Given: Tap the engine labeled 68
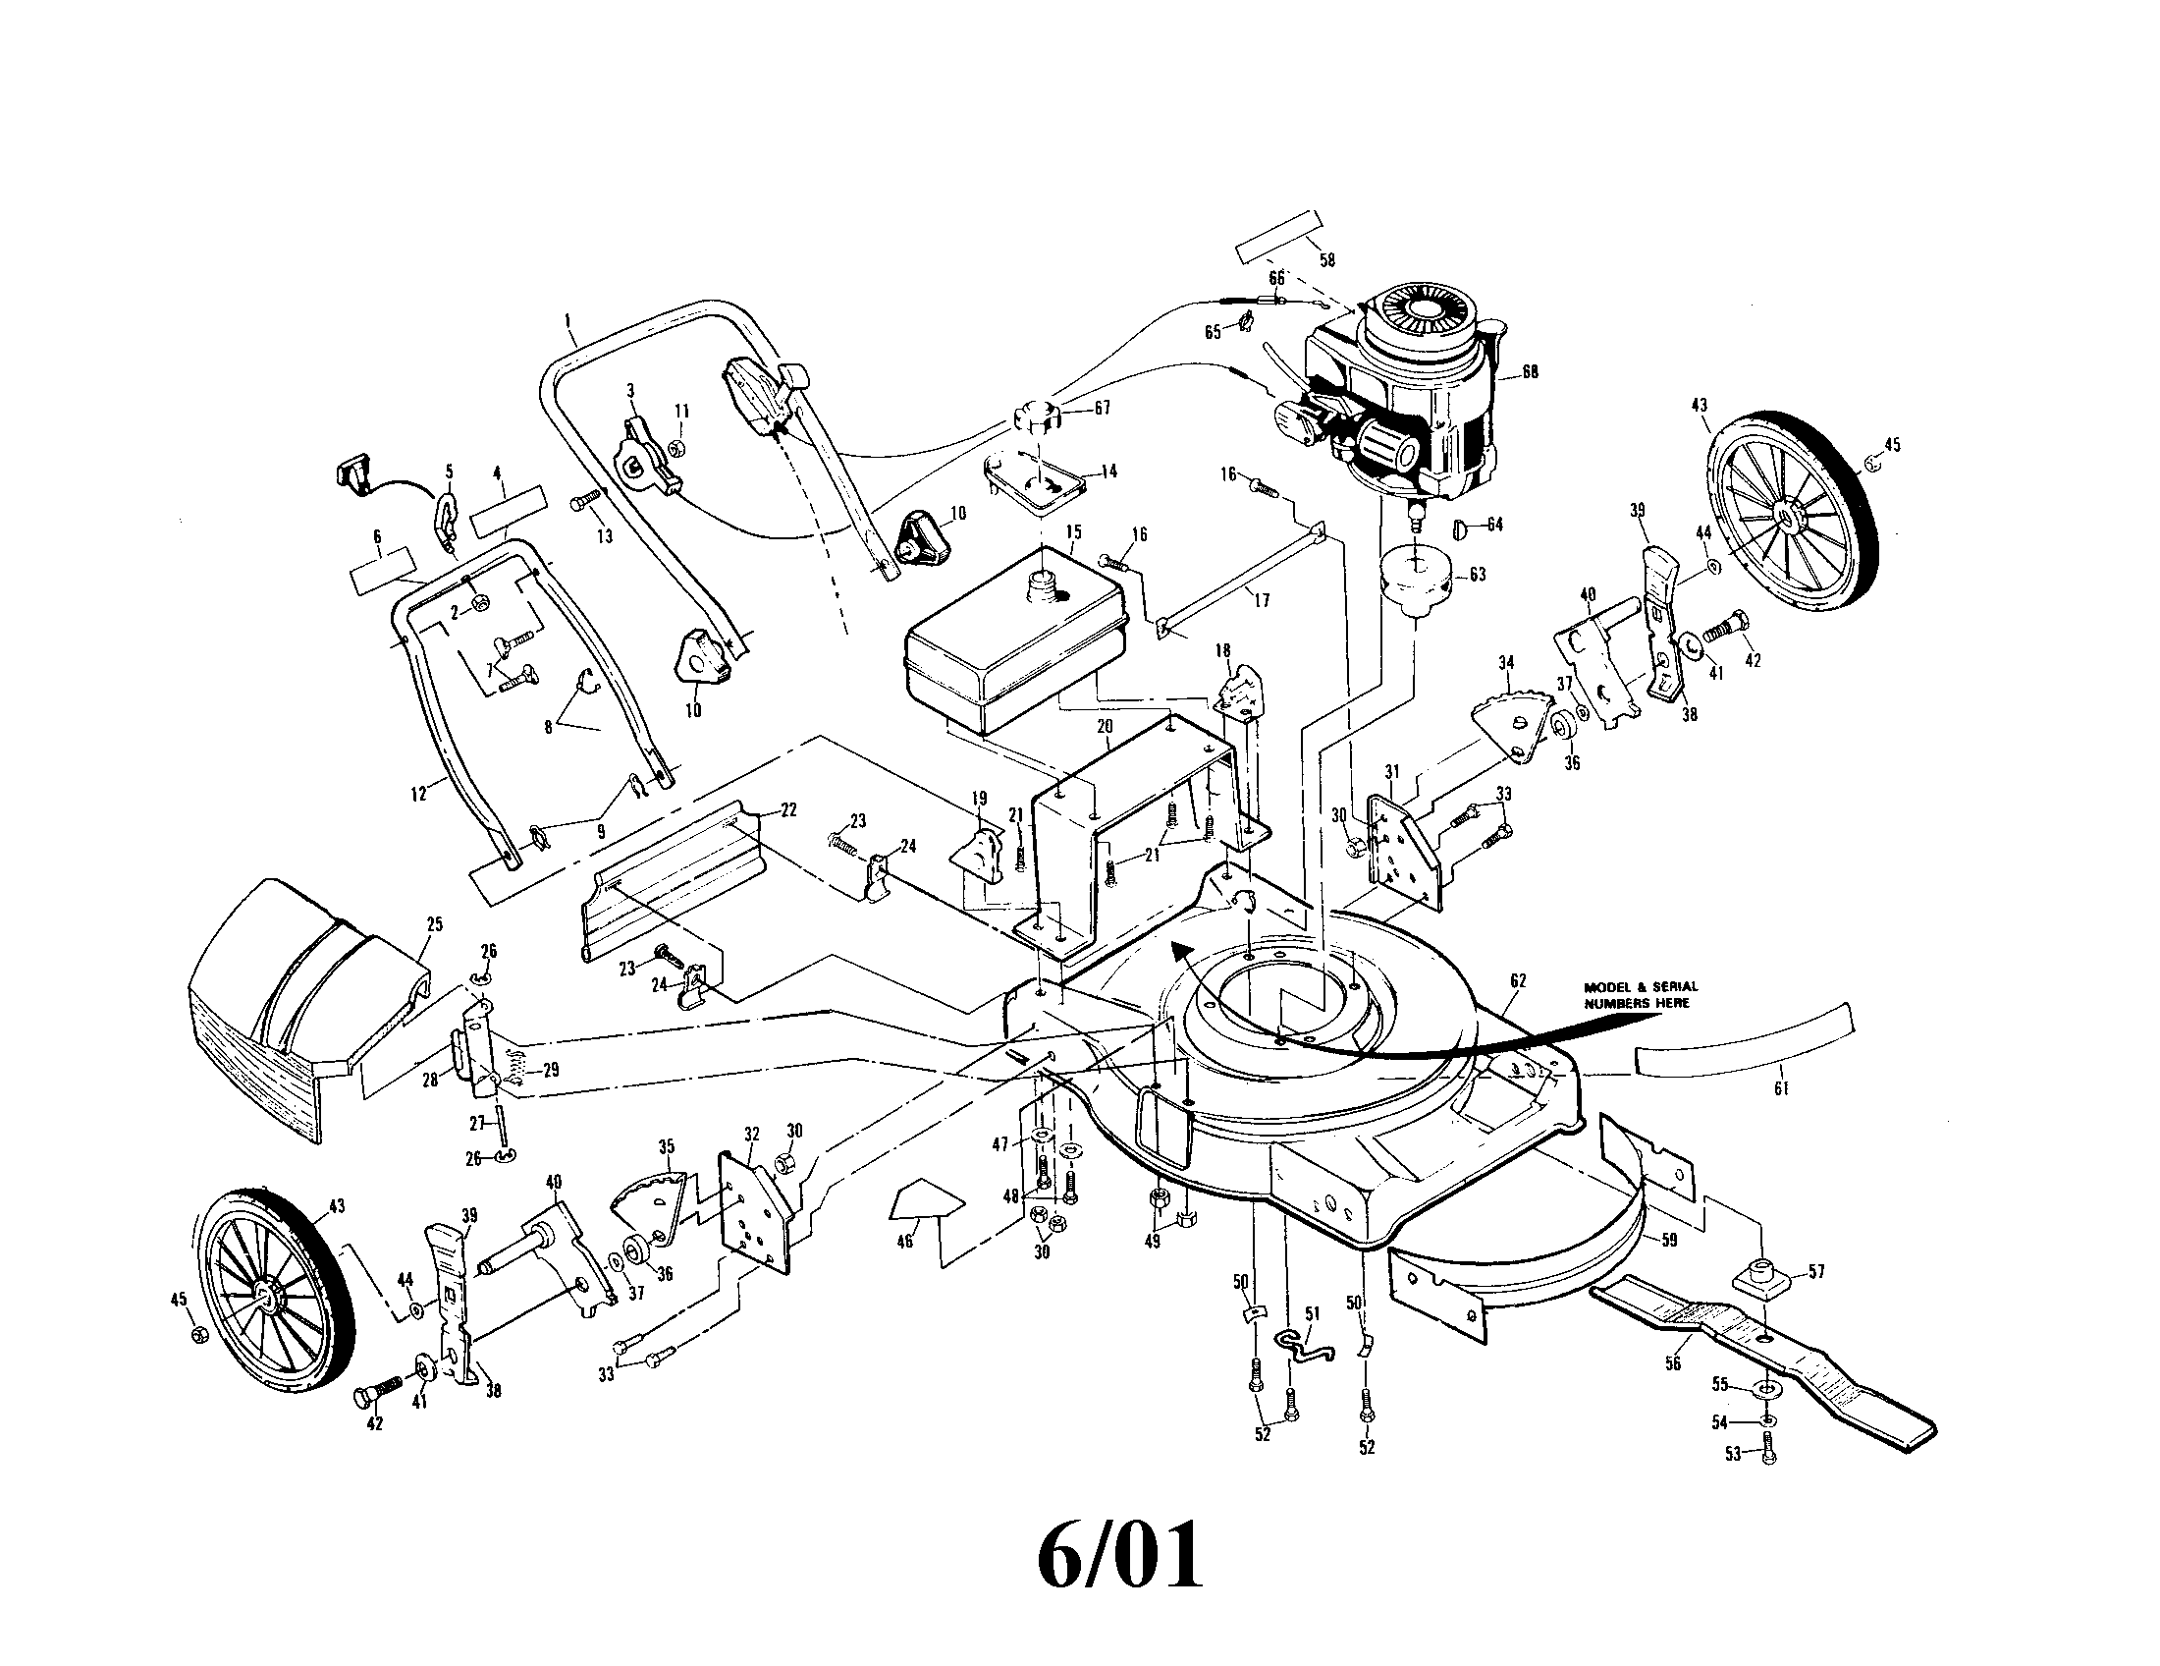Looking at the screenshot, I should coord(1404,396).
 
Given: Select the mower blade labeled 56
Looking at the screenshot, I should coord(1760,1361).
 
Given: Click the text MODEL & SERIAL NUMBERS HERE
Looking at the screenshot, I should coord(1640,994).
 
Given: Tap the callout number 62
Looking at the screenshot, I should coord(1518,980).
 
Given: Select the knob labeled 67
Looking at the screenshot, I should coord(1036,415).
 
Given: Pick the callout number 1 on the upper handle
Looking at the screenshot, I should coord(567,319).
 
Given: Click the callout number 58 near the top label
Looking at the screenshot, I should coord(1326,260).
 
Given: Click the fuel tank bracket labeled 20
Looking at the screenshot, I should coord(1137,792).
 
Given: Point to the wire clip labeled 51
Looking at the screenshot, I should coord(1304,1346).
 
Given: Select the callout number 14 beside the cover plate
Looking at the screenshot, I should coord(1108,472).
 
